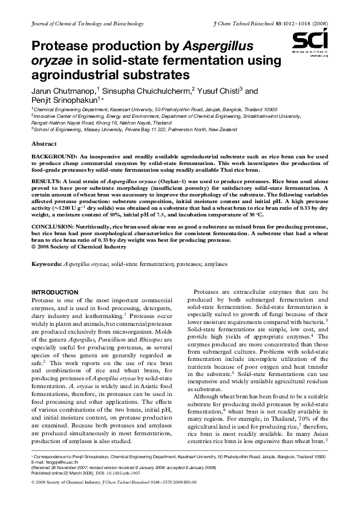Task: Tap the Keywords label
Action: tap(47, 265)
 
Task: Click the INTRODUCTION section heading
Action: tap(54, 292)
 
